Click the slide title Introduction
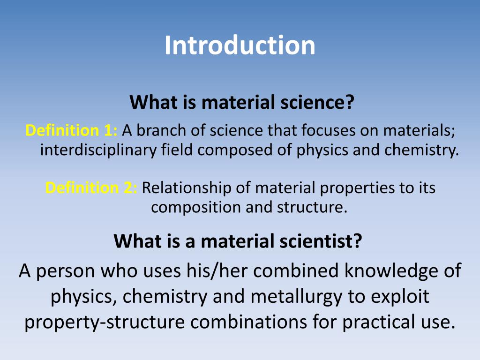coord(240,45)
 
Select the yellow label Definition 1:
coord(72,131)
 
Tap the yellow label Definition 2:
coord(91,188)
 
